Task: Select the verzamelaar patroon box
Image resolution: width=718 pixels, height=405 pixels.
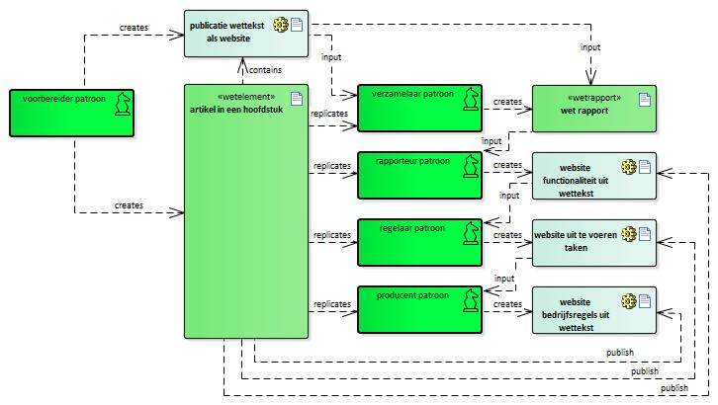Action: pyautogui.click(x=419, y=108)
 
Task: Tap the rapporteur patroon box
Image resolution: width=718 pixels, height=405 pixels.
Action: pyautogui.click(x=419, y=174)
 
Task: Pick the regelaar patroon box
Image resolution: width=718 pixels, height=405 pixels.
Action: pyautogui.click(x=419, y=241)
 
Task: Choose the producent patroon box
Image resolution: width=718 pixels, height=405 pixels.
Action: pyautogui.click(x=419, y=308)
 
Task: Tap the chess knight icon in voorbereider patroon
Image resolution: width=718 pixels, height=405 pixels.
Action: pyautogui.click(x=123, y=103)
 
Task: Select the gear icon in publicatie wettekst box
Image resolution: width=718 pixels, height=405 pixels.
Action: pyautogui.click(x=281, y=23)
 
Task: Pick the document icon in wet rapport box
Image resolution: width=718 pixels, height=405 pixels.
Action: pyautogui.click(x=644, y=99)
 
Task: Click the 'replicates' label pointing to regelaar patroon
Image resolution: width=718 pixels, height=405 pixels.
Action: pyautogui.click(x=331, y=235)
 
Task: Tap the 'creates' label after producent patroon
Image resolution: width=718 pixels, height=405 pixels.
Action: pyautogui.click(x=507, y=303)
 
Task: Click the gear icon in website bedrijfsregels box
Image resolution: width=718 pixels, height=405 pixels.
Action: pyautogui.click(x=627, y=300)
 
